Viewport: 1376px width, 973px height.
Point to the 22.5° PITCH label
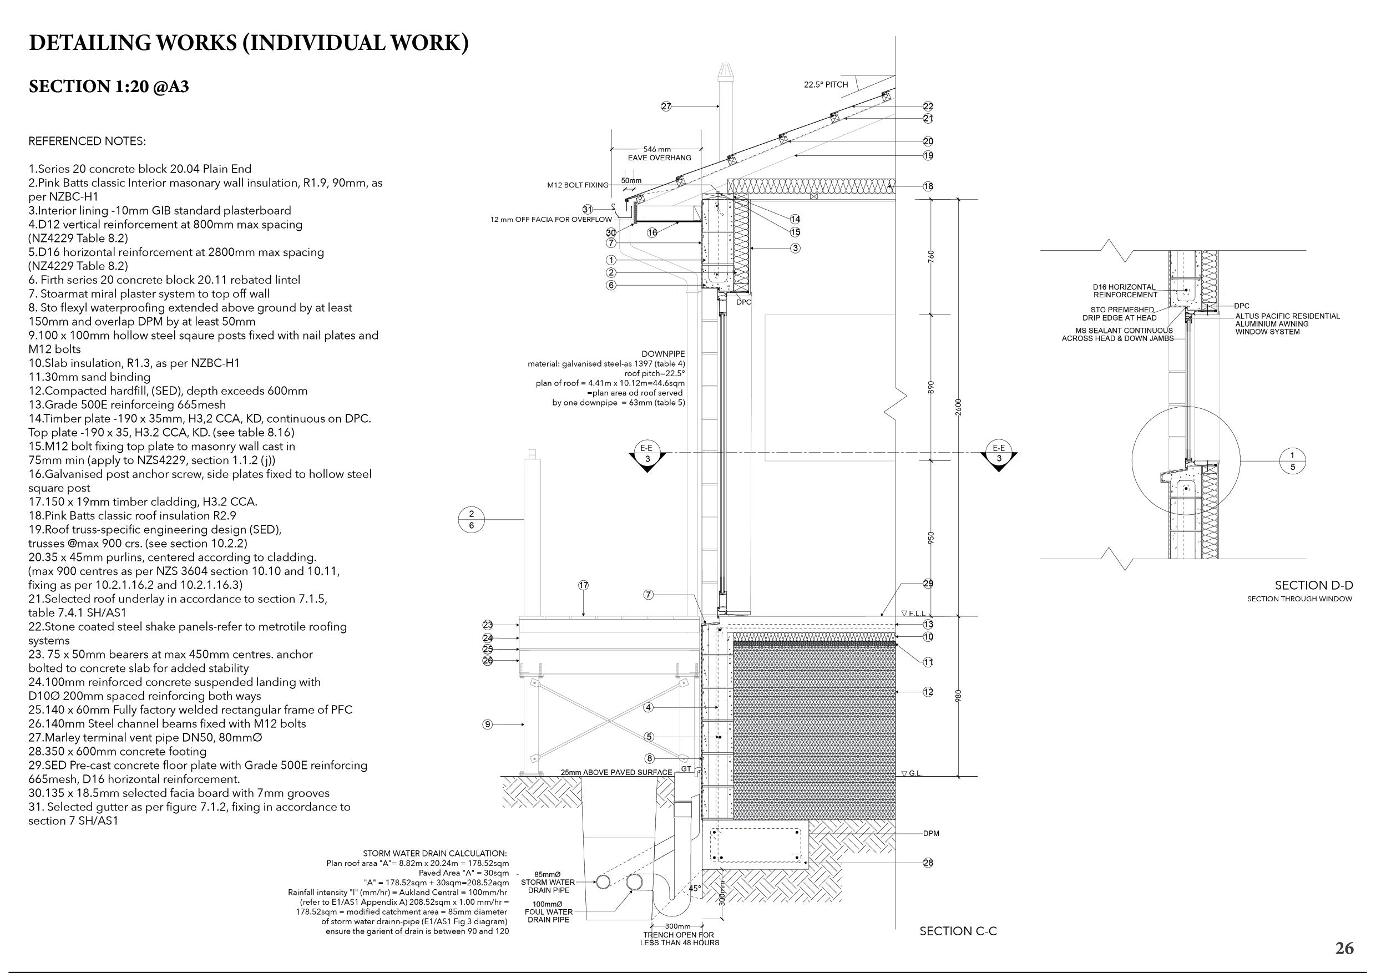[x=826, y=84]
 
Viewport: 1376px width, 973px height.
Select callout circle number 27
[x=666, y=107]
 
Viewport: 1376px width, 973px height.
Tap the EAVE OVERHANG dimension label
[x=659, y=158]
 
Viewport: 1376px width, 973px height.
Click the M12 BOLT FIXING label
[x=577, y=185]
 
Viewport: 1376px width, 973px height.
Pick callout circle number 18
[x=928, y=186]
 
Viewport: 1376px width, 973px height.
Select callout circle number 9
[x=487, y=725]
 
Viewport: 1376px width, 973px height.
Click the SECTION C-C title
[x=958, y=931]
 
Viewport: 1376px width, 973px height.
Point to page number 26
[x=1344, y=949]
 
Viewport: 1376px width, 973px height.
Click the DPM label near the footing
[x=930, y=833]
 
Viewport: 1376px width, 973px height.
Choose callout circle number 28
[x=928, y=863]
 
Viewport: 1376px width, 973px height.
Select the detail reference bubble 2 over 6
[x=472, y=519]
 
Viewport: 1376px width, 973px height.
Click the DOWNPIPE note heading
[x=663, y=354]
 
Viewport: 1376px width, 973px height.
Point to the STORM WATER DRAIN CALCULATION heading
[x=434, y=853]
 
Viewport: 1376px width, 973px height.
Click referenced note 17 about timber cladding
[x=143, y=501]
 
